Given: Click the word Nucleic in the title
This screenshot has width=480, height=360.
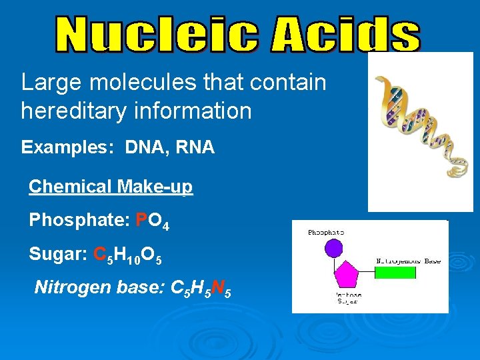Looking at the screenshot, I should tap(157, 35).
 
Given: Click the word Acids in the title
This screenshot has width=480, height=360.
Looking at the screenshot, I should tap(345, 35).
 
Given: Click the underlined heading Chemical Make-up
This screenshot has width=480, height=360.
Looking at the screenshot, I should tap(111, 187).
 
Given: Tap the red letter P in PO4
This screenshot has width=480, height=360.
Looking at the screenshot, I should tap(141, 220).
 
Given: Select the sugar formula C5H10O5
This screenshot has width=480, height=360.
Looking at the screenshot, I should tap(129, 255).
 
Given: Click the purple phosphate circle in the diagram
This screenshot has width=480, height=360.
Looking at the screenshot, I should tap(333, 249).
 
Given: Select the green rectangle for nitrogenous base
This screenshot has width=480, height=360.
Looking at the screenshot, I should tap(394, 272).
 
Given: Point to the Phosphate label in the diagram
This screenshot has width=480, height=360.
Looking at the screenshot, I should tap(327, 232).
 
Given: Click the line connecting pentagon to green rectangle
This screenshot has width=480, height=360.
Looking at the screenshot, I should tap(367, 273).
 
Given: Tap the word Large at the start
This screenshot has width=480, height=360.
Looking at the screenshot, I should tap(45, 83).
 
